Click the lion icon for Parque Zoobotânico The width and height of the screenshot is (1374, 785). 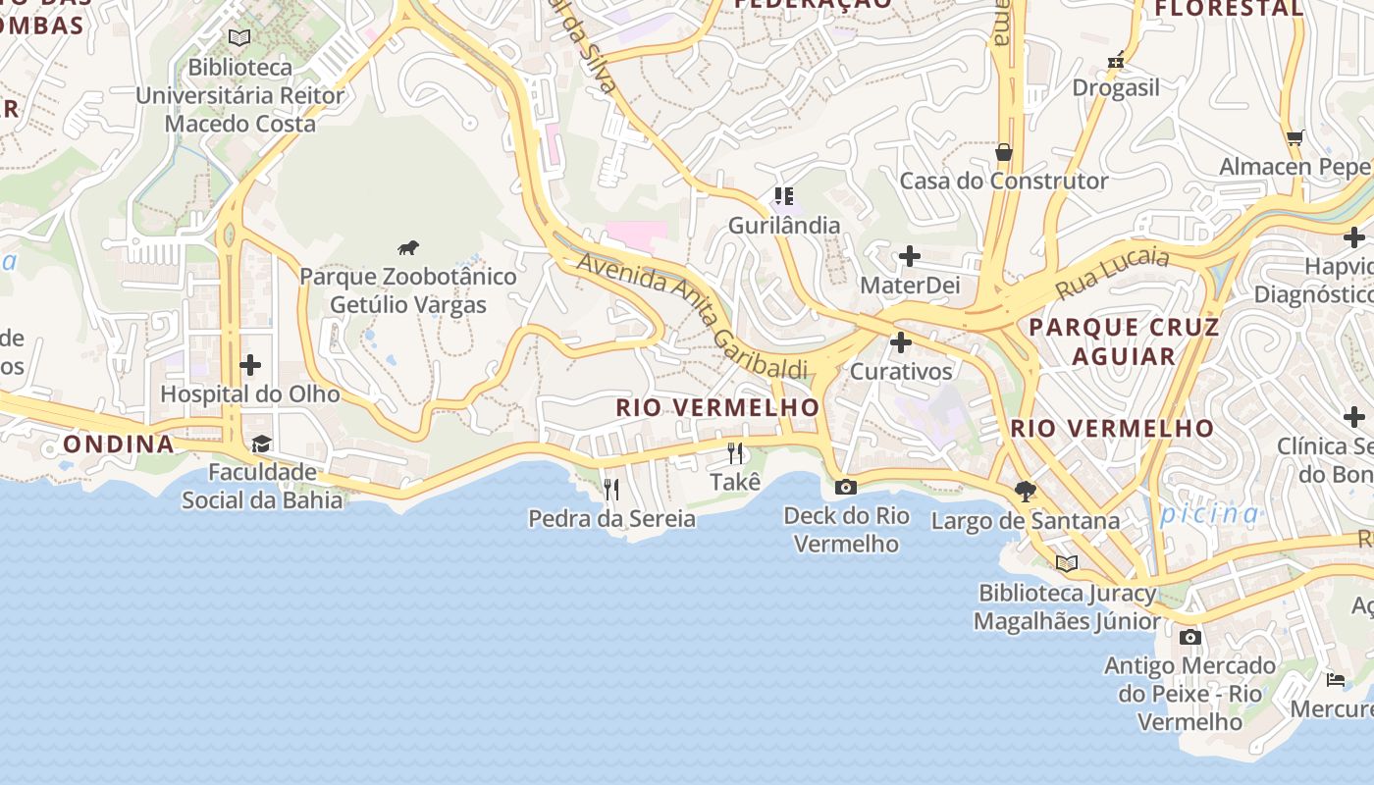(408, 247)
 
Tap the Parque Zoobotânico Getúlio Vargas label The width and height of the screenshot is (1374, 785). (408, 290)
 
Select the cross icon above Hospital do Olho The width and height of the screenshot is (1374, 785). (250, 365)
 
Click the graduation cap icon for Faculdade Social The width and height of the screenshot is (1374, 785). (261, 445)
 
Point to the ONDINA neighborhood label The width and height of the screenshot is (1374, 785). (119, 444)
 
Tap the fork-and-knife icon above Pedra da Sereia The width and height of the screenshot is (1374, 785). (611, 489)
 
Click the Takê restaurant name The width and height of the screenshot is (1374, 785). (735, 482)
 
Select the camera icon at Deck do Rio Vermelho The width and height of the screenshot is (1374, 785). (845, 487)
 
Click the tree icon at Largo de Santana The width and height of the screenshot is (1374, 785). (1026, 491)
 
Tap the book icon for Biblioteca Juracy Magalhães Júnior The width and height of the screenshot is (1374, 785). (1067, 563)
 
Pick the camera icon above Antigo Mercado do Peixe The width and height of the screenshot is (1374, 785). (1190, 637)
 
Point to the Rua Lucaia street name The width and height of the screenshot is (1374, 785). (1112, 274)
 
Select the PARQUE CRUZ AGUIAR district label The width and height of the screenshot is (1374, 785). (1124, 341)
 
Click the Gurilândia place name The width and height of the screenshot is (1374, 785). (784, 226)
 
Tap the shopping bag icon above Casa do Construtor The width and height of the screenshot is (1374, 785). (1004, 152)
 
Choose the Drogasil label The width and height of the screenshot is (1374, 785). (1116, 87)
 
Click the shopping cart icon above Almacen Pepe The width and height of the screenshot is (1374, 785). (1295, 137)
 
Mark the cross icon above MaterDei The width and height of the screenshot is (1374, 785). (910, 257)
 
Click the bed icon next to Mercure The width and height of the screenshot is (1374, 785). (1336, 679)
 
